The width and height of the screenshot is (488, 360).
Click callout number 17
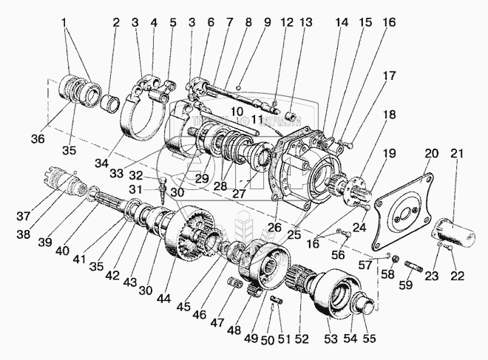389,75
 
